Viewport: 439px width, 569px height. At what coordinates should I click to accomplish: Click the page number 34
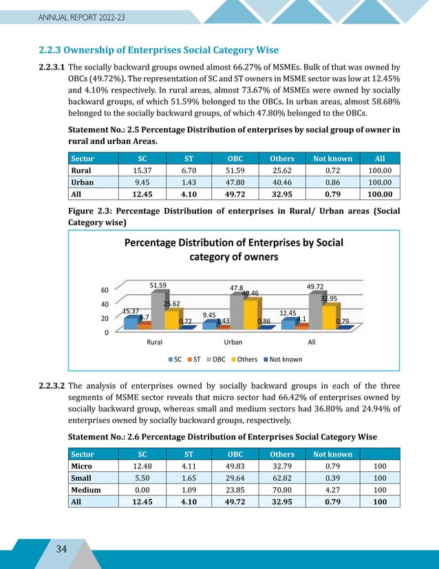[x=62, y=548]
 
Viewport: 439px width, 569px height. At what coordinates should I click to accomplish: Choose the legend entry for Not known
[x=282, y=359]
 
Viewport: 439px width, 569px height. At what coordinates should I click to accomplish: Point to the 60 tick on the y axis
[x=105, y=290]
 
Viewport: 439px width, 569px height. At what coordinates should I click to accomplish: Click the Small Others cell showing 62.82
[x=283, y=478]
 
